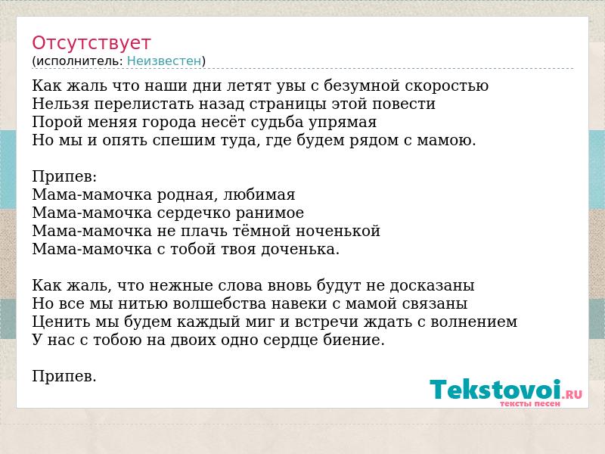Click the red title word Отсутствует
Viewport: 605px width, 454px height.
click(x=91, y=43)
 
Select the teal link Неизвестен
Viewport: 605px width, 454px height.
click(x=164, y=61)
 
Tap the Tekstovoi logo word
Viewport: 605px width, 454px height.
click(x=495, y=389)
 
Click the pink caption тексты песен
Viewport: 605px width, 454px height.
click(x=530, y=404)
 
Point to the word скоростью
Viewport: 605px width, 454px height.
click(x=446, y=86)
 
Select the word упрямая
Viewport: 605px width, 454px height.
click(x=343, y=123)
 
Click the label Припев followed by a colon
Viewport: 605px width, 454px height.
click(x=64, y=177)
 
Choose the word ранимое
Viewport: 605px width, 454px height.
click(x=269, y=213)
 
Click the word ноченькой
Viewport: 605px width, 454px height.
click(x=338, y=231)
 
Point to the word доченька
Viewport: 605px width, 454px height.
click(x=300, y=250)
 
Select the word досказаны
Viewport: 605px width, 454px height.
click(x=432, y=286)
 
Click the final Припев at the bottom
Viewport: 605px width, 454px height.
click(x=64, y=376)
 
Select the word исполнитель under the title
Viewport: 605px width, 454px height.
click(x=79, y=61)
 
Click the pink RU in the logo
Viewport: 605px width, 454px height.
click(x=574, y=394)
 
